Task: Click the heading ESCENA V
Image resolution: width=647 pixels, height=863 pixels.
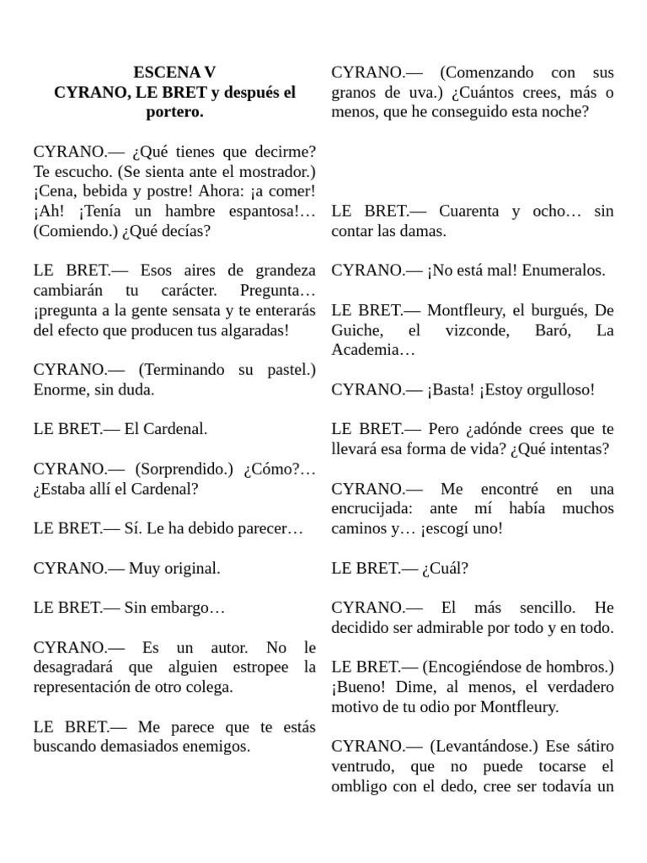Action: click(174, 72)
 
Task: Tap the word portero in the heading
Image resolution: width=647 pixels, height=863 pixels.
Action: click(174, 112)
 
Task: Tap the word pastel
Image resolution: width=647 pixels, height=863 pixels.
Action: click(291, 370)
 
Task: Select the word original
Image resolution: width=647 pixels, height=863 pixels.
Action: click(190, 568)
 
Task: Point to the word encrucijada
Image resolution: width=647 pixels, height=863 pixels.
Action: click(373, 508)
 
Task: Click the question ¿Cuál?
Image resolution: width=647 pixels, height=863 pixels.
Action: click(446, 568)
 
